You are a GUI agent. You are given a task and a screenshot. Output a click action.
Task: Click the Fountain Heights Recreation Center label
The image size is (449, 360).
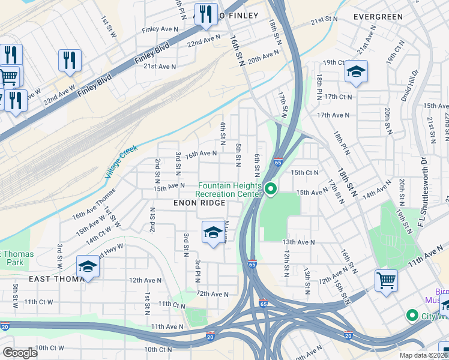point(229,190)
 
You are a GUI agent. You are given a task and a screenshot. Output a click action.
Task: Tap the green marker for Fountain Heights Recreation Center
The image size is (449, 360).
point(271,190)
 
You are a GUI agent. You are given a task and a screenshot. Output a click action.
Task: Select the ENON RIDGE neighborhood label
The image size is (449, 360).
point(199,203)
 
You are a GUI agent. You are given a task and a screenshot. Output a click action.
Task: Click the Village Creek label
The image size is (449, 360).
point(122,161)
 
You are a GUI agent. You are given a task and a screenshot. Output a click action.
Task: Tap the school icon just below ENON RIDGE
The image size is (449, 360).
point(212,232)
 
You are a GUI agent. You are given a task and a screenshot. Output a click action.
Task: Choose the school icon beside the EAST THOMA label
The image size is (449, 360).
point(88,266)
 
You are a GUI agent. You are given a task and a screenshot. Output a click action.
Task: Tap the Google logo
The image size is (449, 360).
point(20,353)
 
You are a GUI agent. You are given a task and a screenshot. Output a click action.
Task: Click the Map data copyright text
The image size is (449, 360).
point(424,355)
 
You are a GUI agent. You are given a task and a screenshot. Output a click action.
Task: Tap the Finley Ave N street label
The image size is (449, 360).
point(160,29)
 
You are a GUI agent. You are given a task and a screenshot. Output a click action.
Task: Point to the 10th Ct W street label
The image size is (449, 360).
point(49,348)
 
